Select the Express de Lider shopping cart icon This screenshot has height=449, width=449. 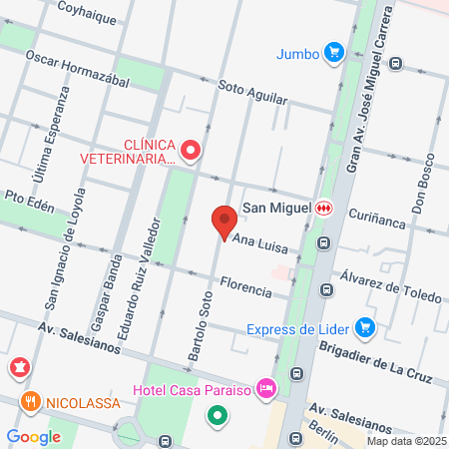tap(365, 326)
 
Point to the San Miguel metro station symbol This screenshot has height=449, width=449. tap(323, 208)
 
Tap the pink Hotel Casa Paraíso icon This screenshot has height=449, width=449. tap(265, 386)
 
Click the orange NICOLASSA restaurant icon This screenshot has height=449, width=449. tap(31, 402)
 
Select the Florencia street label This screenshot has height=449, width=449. tap(245, 285)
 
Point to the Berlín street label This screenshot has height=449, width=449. tap(322, 427)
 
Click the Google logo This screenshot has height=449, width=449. tap(33, 436)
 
